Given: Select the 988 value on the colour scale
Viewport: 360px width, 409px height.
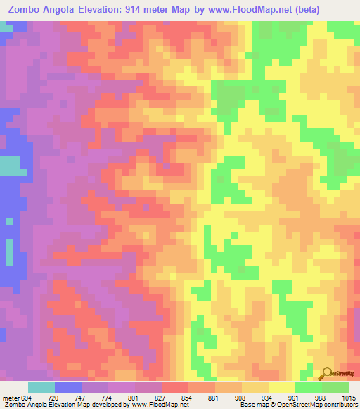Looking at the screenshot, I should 321,397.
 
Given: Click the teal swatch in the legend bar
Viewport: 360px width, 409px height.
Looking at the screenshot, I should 41,387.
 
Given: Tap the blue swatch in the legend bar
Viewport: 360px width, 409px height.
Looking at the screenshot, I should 68,387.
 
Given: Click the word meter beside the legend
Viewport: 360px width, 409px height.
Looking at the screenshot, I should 11,397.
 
